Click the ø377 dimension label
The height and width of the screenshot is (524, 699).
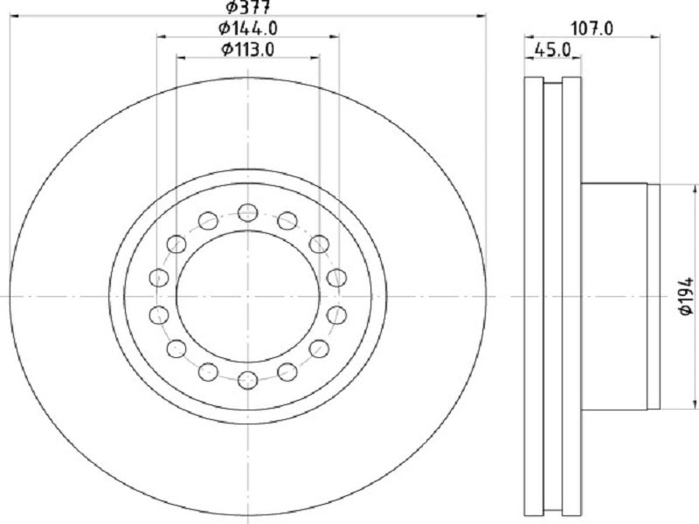[248, 7]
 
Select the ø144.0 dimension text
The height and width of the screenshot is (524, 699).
[248, 29]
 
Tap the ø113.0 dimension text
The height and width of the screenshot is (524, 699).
[248, 49]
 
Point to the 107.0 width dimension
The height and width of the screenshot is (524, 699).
[592, 29]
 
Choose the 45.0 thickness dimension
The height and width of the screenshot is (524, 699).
[553, 50]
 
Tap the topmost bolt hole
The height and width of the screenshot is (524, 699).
[248, 212]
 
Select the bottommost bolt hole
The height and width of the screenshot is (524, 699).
[248, 380]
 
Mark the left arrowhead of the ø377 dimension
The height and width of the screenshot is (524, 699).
[13, 16]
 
